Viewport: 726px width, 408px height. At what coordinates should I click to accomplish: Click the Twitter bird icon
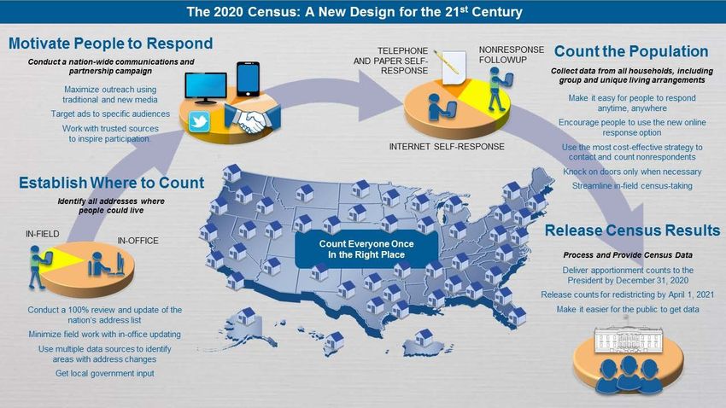[x=199, y=122]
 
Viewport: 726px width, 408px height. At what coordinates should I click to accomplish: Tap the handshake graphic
[x=252, y=119]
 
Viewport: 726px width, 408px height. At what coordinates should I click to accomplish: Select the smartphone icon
[x=249, y=79]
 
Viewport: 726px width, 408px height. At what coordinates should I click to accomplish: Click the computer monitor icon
[x=206, y=87]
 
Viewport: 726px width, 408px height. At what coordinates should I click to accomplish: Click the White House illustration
[x=629, y=339]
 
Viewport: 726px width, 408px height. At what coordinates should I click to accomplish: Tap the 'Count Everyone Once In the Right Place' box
[x=366, y=249]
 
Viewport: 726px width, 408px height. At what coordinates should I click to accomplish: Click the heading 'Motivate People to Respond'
[x=111, y=44]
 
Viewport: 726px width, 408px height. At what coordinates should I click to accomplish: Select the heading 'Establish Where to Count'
[x=111, y=183]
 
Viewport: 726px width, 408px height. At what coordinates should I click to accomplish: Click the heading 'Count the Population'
[x=631, y=51]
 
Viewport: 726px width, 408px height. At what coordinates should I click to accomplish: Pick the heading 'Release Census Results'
[x=632, y=230]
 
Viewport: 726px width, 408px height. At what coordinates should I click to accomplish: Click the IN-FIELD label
[x=43, y=234]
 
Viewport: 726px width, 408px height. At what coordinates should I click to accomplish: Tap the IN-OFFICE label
[x=138, y=241]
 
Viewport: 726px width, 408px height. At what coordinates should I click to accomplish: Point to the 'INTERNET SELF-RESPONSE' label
[x=447, y=147]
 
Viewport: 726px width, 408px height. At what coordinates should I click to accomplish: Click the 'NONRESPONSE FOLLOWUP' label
[x=511, y=55]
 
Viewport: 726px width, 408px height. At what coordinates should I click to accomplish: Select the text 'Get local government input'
[x=105, y=373]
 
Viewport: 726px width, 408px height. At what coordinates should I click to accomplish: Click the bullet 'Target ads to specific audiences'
[x=110, y=114]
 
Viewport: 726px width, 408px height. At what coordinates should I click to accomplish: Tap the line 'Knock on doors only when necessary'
[x=632, y=172]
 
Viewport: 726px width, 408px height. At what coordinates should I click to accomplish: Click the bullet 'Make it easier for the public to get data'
[x=628, y=309]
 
